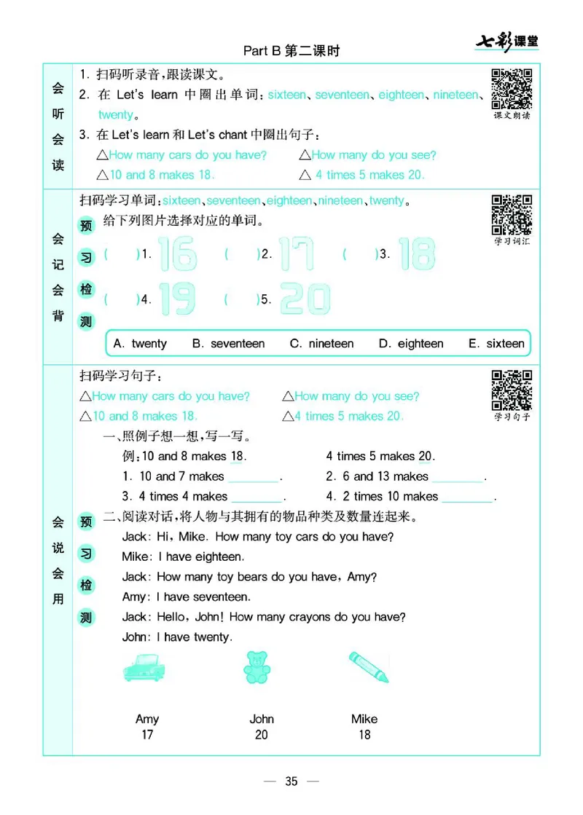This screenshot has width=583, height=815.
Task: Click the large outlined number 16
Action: tap(178, 254)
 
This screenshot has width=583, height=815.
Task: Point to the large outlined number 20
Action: tap(305, 298)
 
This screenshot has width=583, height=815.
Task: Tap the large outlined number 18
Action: tap(417, 254)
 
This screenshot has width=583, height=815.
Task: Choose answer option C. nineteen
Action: tap(321, 344)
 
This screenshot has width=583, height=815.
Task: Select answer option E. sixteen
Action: tap(496, 344)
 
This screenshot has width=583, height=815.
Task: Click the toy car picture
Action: tap(146, 667)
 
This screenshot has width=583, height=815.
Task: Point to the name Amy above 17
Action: tap(147, 719)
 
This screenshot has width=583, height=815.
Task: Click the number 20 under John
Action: tap(262, 735)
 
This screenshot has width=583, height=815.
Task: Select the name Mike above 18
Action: tap(364, 719)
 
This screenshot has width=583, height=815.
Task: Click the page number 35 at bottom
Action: tap(291, 781)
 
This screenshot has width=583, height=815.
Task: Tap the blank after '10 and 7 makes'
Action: tap(253, 478)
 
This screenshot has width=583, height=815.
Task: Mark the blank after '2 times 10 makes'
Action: tap(467, 497)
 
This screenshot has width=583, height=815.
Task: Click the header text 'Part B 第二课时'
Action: tap(291, 51)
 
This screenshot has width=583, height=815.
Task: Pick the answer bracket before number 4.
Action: tap(122, 299)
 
